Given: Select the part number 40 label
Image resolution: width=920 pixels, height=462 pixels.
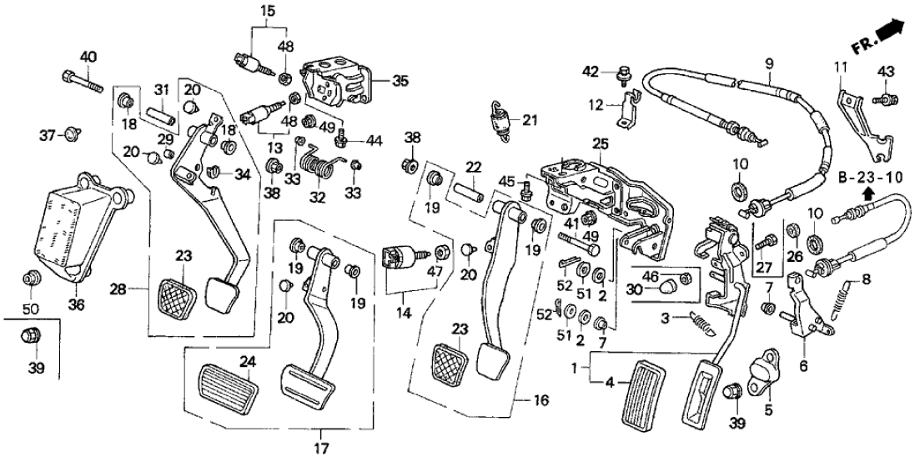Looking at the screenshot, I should (x=88, y=57).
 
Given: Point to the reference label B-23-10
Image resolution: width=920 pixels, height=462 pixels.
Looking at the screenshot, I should (x=869, y=178).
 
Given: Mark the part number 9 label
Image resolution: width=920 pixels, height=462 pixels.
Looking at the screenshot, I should (x=769, y=62).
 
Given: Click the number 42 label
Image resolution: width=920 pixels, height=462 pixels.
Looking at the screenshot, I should (x=591, y=72).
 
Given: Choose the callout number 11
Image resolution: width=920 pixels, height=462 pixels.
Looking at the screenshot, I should (x=842, y=67).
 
